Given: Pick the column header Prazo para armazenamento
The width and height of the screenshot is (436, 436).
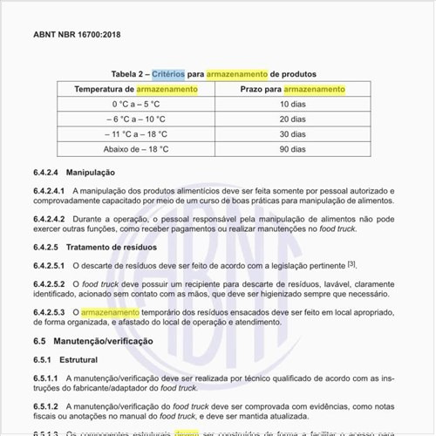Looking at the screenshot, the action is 293,89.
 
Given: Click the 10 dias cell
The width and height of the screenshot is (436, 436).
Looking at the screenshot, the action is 293,105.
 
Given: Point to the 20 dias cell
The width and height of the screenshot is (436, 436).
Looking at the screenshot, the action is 293,119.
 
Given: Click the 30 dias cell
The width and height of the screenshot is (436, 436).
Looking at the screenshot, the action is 293,134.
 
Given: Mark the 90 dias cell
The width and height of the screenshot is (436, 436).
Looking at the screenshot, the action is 293,149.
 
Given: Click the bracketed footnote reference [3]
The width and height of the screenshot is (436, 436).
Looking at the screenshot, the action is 351,263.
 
